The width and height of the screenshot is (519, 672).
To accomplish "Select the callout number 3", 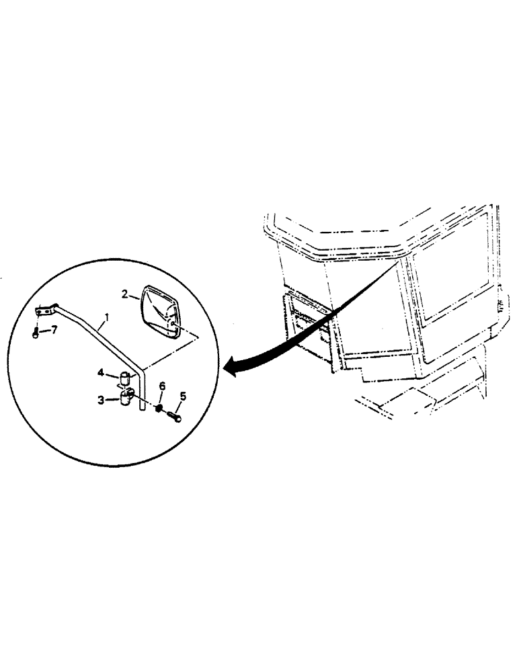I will (101, 400).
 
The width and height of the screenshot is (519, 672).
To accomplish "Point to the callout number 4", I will (101, 371).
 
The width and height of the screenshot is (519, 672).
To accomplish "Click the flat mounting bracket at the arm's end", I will (44, 311).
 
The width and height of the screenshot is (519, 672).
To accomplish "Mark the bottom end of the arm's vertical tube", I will (140, 409).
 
